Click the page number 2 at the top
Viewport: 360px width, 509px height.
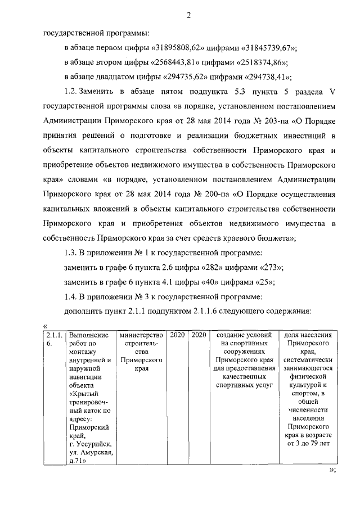(189, 15)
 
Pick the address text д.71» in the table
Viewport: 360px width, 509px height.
(76, 461)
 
